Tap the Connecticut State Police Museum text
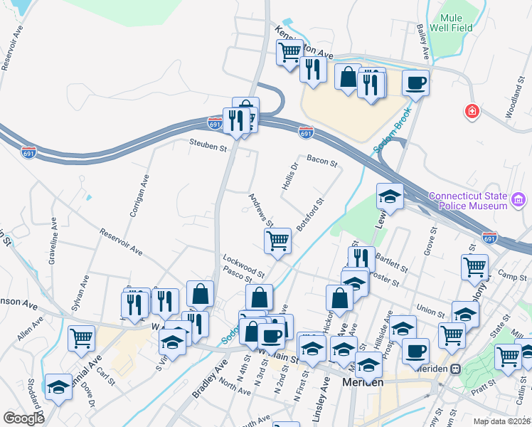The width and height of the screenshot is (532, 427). (x=470, y=201)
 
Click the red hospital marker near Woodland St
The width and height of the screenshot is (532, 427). (x=470, y=112)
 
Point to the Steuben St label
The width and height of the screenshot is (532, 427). (x=207, y=148)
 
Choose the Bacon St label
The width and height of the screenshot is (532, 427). (x=321, y=162)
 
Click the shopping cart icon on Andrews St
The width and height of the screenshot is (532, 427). (x=277, y=241)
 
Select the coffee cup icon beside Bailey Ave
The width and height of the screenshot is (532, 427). (x=415, y=83)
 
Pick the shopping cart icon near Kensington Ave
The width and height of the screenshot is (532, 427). (x=289, y=52)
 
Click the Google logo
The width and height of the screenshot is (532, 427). (x=23, y=418)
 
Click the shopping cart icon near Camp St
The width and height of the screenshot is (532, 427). (x=475, y=268)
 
